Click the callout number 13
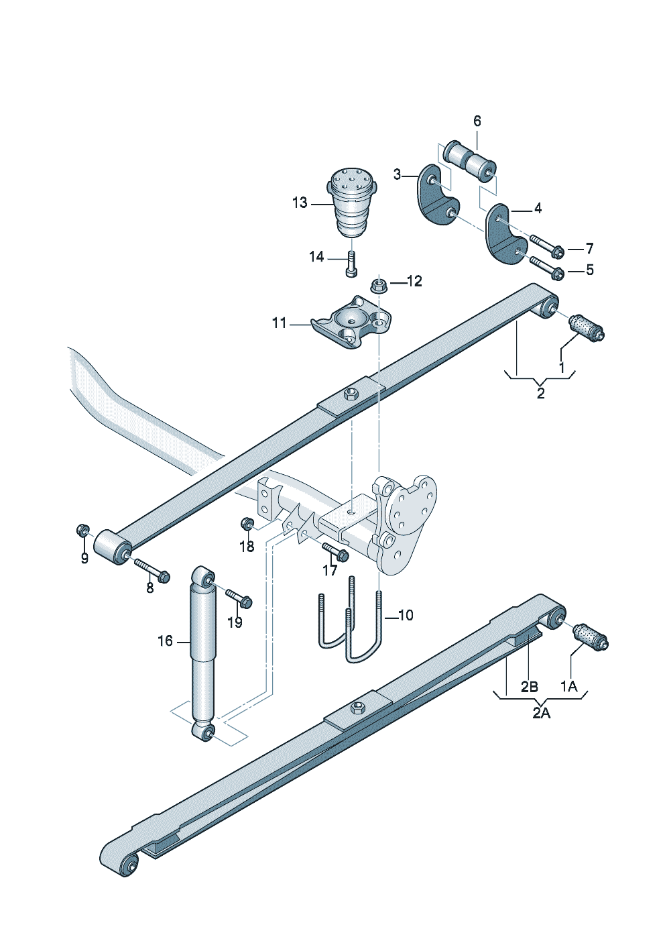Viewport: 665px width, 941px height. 299,203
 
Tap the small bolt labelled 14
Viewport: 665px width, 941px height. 352,264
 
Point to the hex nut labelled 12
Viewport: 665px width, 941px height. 378,286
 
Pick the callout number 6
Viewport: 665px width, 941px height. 477,121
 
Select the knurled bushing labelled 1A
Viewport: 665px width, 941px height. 590,636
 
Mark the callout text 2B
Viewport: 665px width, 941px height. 529,687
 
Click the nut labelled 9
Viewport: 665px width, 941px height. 82,531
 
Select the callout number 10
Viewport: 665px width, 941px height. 406,615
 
